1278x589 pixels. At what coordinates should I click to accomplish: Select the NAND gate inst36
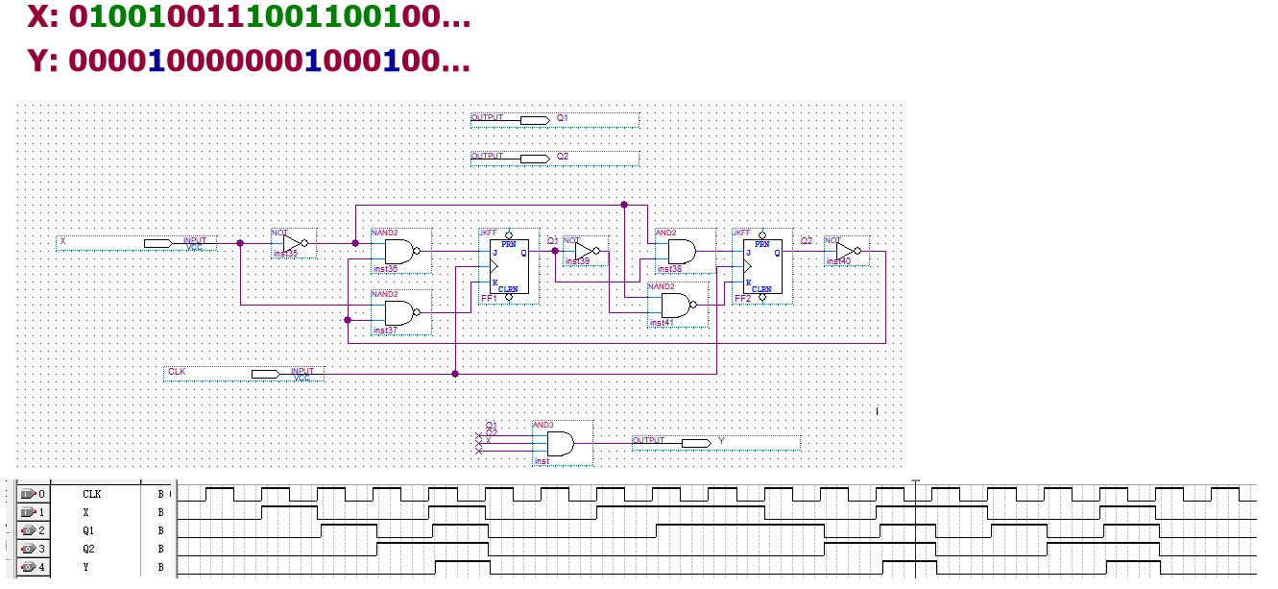pyautogui.click(x=398, y=253)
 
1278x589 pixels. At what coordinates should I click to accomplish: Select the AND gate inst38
pyautogui.click(x=683, y=253)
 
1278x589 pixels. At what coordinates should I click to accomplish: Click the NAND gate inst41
pyautogui.click(x=675, y=306)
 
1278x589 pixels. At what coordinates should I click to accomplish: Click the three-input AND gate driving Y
pyautogui.click(x=560, y=444)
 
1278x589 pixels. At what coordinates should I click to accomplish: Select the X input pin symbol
pyautogui.click(x=157, y=244)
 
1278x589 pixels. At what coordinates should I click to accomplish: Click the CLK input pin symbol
pyautogui.click(x=265, y=374)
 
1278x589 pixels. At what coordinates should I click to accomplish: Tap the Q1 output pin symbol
pyautogui.click(x=534, y=120)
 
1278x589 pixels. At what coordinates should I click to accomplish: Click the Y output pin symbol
pyautogui.click(x=695, y=443)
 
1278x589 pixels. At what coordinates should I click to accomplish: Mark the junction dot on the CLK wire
pyautogui.click(x=455, y=374)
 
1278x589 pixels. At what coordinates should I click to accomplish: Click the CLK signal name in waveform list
pyautogui.click(x=92, y=494)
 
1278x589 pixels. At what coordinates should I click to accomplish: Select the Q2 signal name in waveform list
pyautogui.click(x=90, y=549)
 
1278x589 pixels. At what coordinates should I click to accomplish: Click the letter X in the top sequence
pyautogui.click(x=39, y=16)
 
